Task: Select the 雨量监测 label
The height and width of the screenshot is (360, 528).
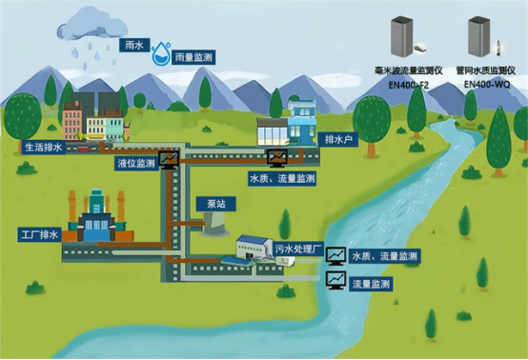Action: [x=194, y=58]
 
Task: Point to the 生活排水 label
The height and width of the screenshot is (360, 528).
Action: [x=43, y=148]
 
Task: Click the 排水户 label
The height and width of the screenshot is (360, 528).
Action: [x=340, y=138]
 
